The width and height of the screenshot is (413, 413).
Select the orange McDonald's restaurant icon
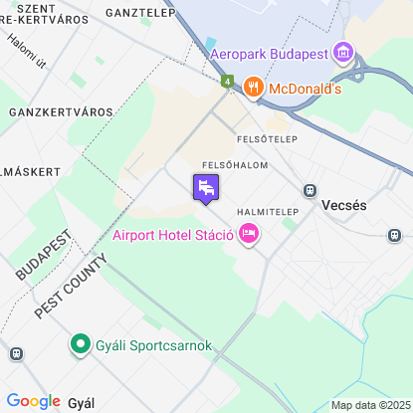tap(253, 88)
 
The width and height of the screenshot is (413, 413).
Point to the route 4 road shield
tap(228, 81)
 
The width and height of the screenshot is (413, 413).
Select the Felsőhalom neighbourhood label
tap(233, 164)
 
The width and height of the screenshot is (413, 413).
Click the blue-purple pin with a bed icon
tap(206, 187)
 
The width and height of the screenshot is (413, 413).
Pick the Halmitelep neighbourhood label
tap(269, 212)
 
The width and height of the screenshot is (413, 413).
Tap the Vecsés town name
tap(345, 205)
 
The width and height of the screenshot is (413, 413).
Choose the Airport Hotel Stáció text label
tap(173, 235)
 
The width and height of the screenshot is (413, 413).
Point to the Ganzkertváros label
tap(49, 111)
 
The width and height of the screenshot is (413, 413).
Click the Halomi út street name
tap(25, 52)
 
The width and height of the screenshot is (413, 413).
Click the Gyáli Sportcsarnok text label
tap(140, 345)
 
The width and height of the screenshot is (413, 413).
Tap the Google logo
tap(33, 401)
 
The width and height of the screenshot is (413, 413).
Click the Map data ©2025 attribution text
tap(369, 405)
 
